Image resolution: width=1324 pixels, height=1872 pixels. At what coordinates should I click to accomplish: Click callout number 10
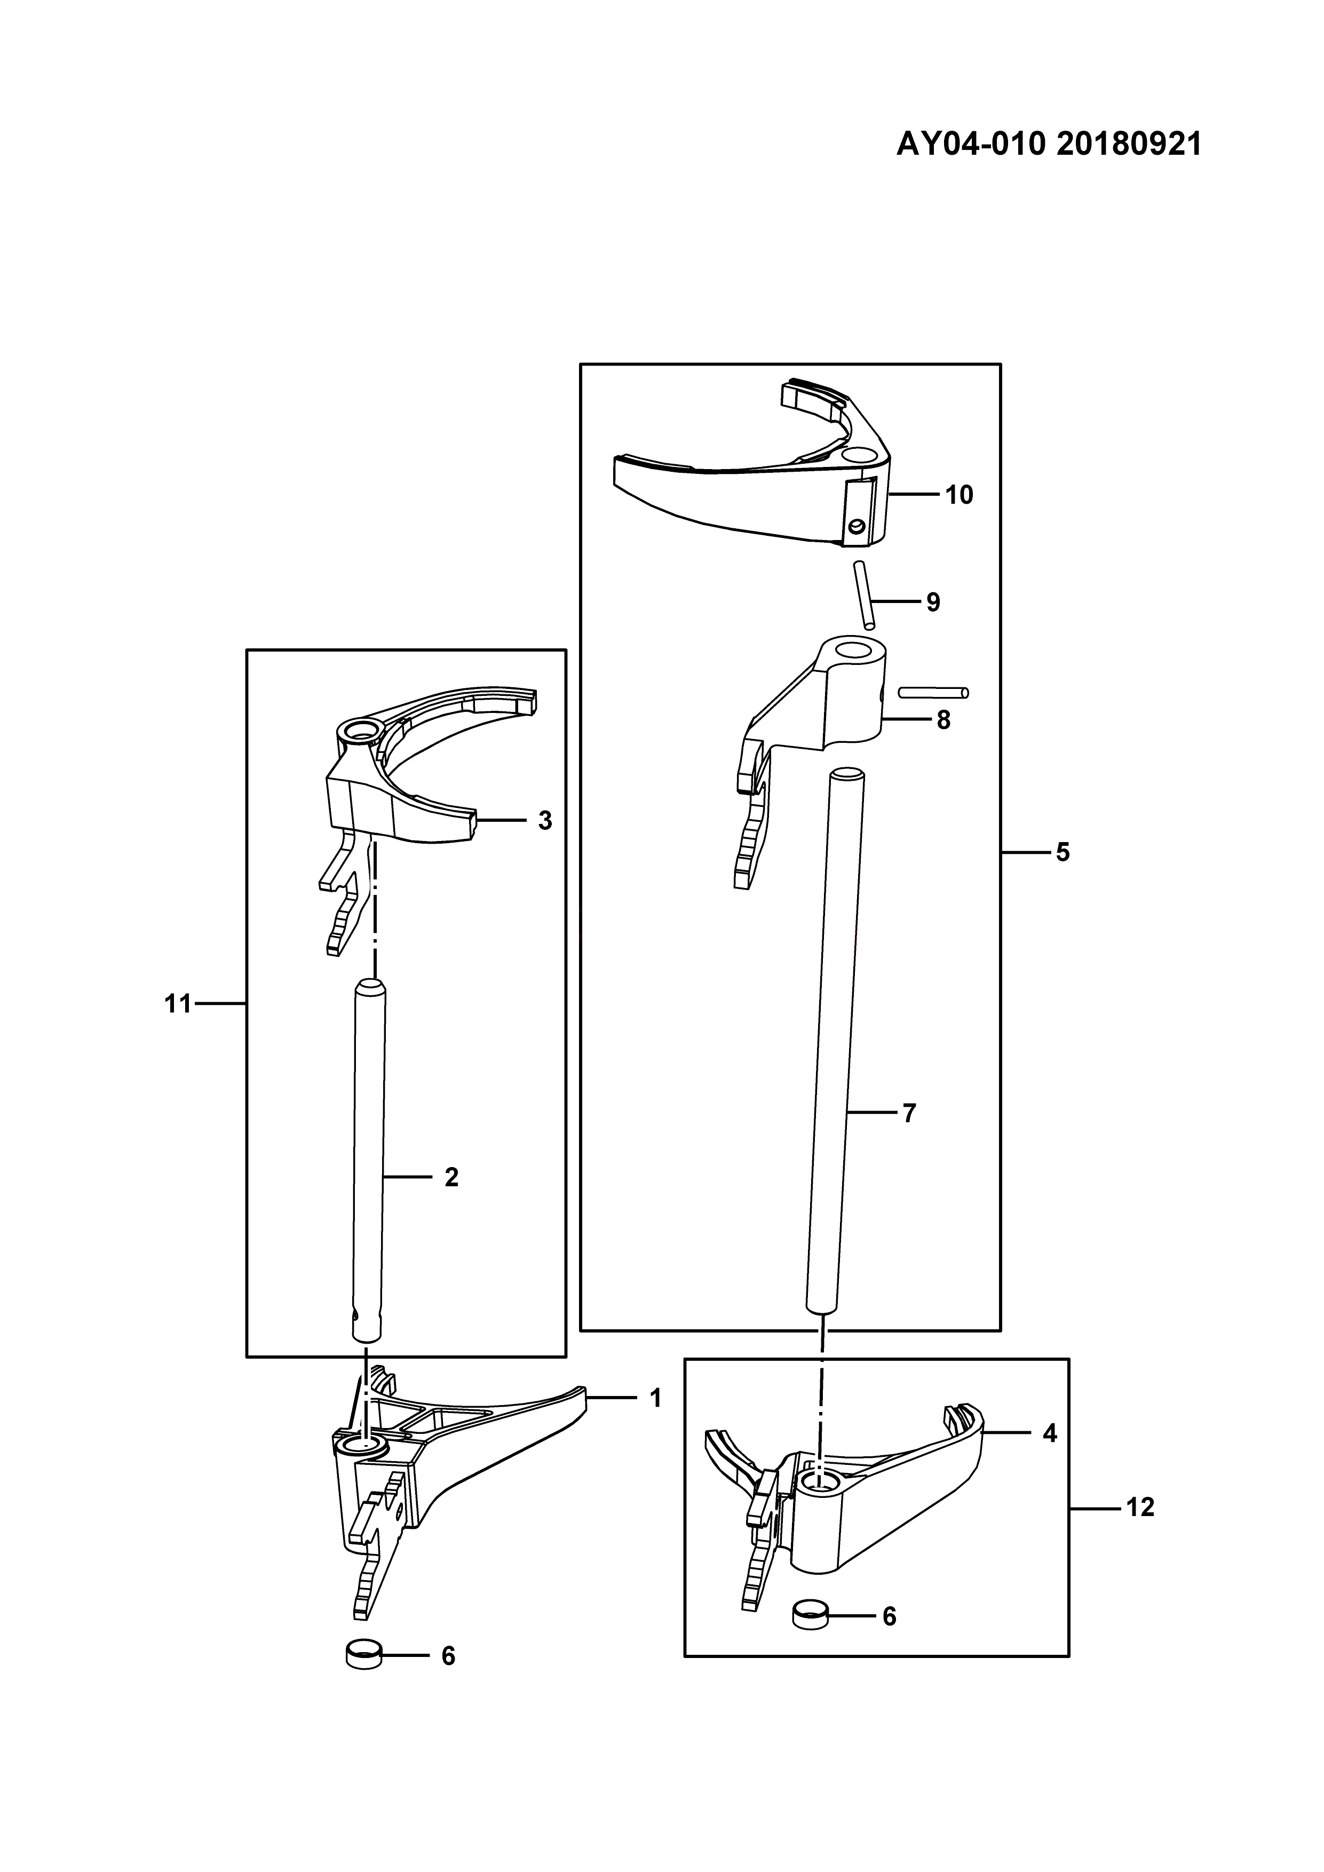point(960,495)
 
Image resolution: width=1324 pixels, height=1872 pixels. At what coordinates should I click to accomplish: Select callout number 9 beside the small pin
point(933,602)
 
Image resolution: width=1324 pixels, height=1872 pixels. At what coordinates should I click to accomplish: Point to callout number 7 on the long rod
point(910,1113)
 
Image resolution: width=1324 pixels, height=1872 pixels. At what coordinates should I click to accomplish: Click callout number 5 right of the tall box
point(1063,853)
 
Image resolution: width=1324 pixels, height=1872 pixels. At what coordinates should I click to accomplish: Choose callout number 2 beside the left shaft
point(451,1177)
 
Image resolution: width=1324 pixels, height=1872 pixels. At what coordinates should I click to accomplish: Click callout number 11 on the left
point(178,1004)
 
